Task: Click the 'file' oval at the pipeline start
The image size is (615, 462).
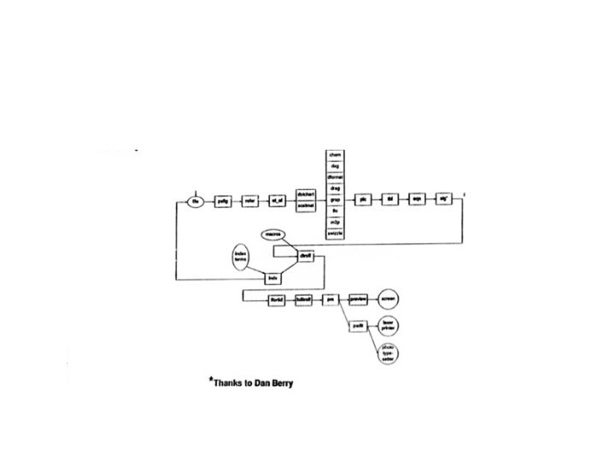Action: pyautogui.click(x=196, y=201)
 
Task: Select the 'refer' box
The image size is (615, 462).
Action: pyautogui.click(x=249, y=201)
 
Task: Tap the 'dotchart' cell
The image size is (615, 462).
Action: pyautogui.click(x=307, y=194)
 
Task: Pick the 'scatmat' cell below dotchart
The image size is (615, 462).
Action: pyautogui.click(x=307, y=206)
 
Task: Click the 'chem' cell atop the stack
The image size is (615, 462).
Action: pyautogui.click(x=336, y=154)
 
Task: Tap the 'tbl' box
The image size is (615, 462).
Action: pyautogui.click(x=389, y=200)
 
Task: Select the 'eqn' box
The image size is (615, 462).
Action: pyautogui.click(x=417, y=200)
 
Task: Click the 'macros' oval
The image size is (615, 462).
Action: pyautogui.click(x=273, y=233)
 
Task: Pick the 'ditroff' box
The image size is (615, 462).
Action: pyautogui.click(x=306, y=256)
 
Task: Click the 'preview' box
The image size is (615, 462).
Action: pyautogui.click(x=359, y=299)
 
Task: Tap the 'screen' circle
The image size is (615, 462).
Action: pyautogui.click(x=389, y=299)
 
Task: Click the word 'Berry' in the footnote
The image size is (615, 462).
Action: pyautogui.click(x=279, y=384)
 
